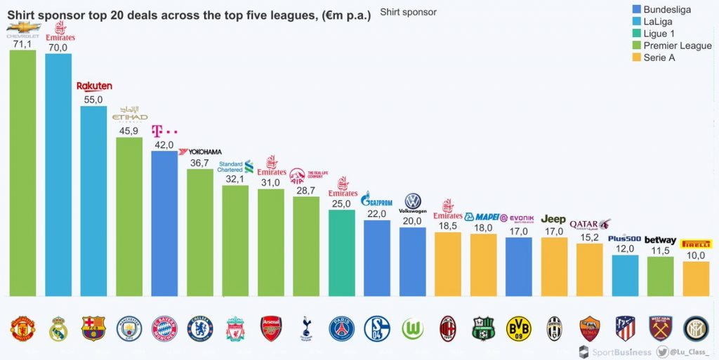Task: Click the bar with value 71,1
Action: click(x=22, y=173)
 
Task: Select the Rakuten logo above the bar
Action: click(x=94, y=86)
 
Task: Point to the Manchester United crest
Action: click(x=22, y=328)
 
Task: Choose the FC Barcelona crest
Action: click(x=93, y=328)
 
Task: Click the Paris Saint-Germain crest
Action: click(x=342, y=328)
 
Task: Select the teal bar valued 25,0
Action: click(x=342, y=253)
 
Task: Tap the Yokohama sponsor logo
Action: click(x=200, y=152)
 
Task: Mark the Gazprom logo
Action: click(x=376, y=200)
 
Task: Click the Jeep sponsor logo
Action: click(x=554, y=220)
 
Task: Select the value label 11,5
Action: click(x=660, y=251)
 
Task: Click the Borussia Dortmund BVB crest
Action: click(x=519, y=328)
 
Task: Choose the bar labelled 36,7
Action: click(x=200, y=232)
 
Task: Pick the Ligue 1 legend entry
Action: click(x=659, y=34)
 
